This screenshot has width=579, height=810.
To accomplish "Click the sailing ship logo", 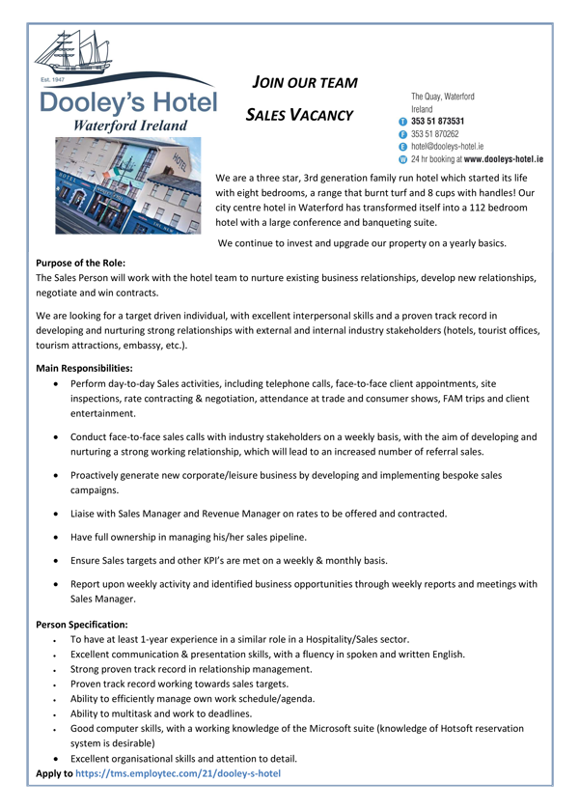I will (72, 48).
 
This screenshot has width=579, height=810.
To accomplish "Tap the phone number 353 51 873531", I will (442, 122).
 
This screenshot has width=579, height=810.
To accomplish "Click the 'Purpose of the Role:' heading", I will (80, 263).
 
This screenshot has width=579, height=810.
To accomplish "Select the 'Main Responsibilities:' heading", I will (84, 368).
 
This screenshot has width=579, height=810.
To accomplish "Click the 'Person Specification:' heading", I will (81, 625).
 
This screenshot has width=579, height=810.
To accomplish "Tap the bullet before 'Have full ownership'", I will (61, 537).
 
